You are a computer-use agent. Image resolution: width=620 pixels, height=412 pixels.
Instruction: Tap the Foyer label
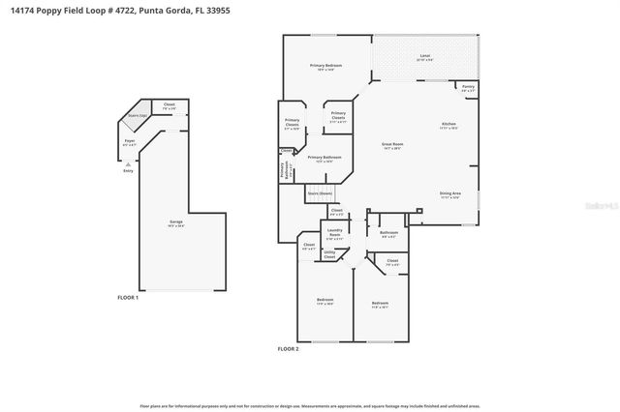pos(128,141)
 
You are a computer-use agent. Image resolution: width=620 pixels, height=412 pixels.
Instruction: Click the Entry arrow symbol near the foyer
pos(128,164)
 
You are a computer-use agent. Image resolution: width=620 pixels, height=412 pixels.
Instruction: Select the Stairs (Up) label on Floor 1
pos(137,115)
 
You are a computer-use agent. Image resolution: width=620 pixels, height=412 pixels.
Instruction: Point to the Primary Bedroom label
pos(326,66)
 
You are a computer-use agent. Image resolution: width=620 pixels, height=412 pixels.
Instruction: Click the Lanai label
pos(424,57)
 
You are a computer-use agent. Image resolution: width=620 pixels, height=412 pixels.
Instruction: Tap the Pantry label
pos(468,87)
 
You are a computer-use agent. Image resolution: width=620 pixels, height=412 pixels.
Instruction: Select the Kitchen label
pos(449,125)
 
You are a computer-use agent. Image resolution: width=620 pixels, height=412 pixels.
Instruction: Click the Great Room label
pos(391,143)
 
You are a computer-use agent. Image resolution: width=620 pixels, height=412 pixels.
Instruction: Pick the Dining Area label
pos(449,193)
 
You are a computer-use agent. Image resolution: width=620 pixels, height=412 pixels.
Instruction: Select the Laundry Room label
pos(335,231)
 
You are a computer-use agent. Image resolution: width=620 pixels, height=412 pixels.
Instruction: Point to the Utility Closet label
pos(329,253)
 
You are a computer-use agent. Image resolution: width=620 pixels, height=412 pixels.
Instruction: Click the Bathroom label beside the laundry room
pos(389,232)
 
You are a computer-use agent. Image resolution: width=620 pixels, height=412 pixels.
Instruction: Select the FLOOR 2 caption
pos(288,348)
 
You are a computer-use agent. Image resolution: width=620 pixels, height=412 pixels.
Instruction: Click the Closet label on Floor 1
pos(169,104)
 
